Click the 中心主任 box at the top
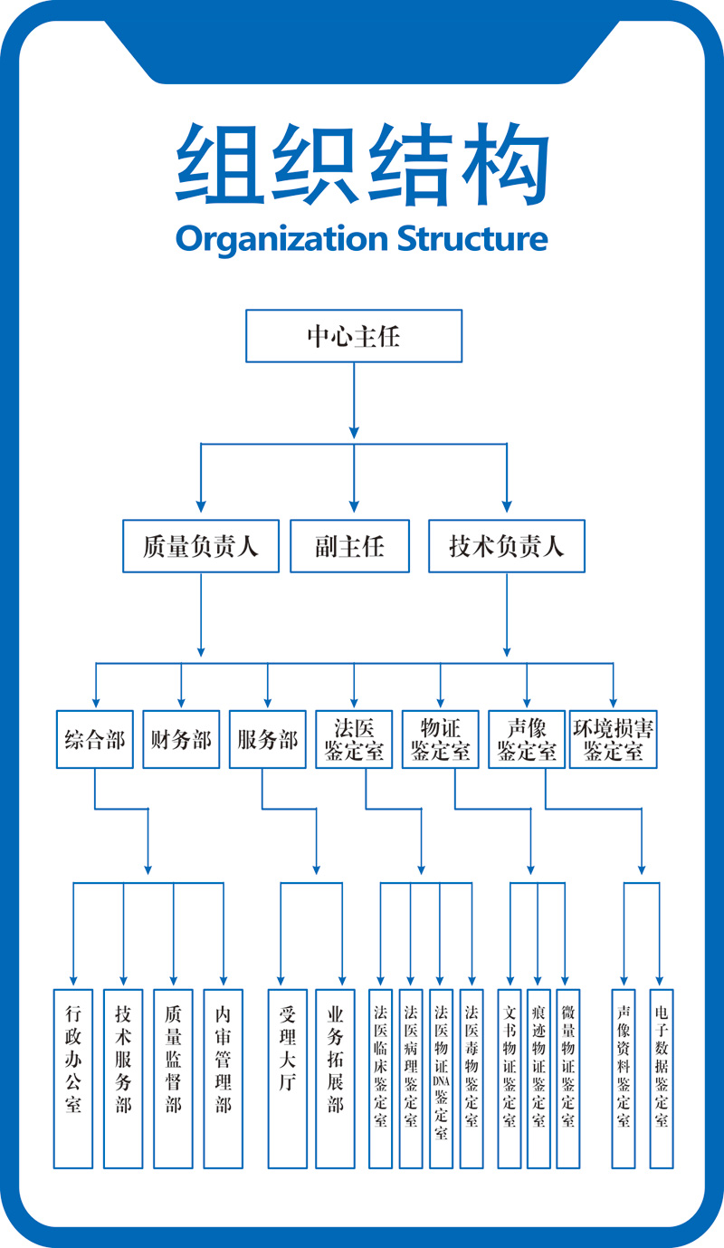(354, 336)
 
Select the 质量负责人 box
(201, 546)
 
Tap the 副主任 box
(349, 546)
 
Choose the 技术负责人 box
(506, 546)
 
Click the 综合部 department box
(95, 739)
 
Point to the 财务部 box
(181, 739)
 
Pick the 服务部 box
(267, 739)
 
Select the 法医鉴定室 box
(354, 739)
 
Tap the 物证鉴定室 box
(441, 739)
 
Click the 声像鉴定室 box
(527, 739)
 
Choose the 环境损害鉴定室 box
(614, 739)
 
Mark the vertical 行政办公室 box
(73, 1078)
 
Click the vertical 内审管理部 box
(224, 1078)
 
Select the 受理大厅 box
(288, 1078)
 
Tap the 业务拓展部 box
(336, 1078)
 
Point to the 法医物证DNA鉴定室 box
(441, 1078)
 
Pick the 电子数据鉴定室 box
(662, 1078)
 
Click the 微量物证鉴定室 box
(567, 1078)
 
